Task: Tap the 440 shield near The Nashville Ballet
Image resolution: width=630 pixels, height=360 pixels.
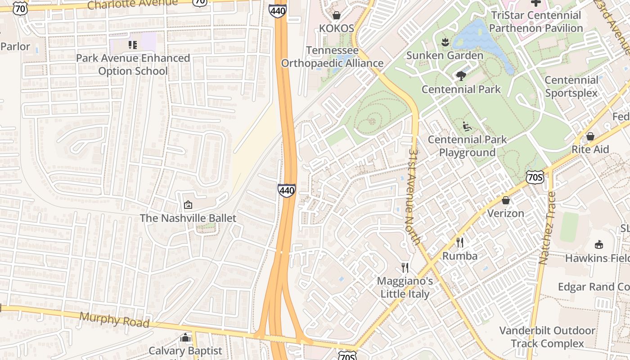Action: click(x=287, y=190)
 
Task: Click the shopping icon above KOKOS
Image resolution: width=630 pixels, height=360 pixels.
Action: click(x=336, y=16)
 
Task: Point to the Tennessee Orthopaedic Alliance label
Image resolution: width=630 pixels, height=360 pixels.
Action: click(x=332, y=57)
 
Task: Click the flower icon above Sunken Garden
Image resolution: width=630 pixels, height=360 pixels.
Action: click(x=445, y=42)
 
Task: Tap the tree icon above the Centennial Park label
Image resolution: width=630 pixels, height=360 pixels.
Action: click(x=461, y=76)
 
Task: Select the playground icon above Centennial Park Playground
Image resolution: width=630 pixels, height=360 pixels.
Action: click(x=467, y=126)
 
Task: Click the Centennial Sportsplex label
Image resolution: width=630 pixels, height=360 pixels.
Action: click(x=571, y=86)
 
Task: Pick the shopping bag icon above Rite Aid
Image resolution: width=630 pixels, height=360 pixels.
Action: click(x=590, y=136)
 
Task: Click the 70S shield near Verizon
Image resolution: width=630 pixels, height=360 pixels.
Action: click(x=535, y=177)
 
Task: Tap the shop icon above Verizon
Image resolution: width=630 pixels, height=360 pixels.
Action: click(x=506, y=200)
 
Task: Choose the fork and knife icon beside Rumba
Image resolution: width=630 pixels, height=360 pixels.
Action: click(x=459, y=243)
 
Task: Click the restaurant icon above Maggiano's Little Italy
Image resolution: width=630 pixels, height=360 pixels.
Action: click(x=405, y=268)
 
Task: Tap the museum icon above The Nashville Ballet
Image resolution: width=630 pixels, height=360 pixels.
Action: click(x=188, y=205)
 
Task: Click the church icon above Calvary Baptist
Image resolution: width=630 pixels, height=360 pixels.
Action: click(x=185, y=337)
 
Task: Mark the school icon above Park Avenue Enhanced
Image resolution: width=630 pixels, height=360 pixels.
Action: click(x=132, y=45)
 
